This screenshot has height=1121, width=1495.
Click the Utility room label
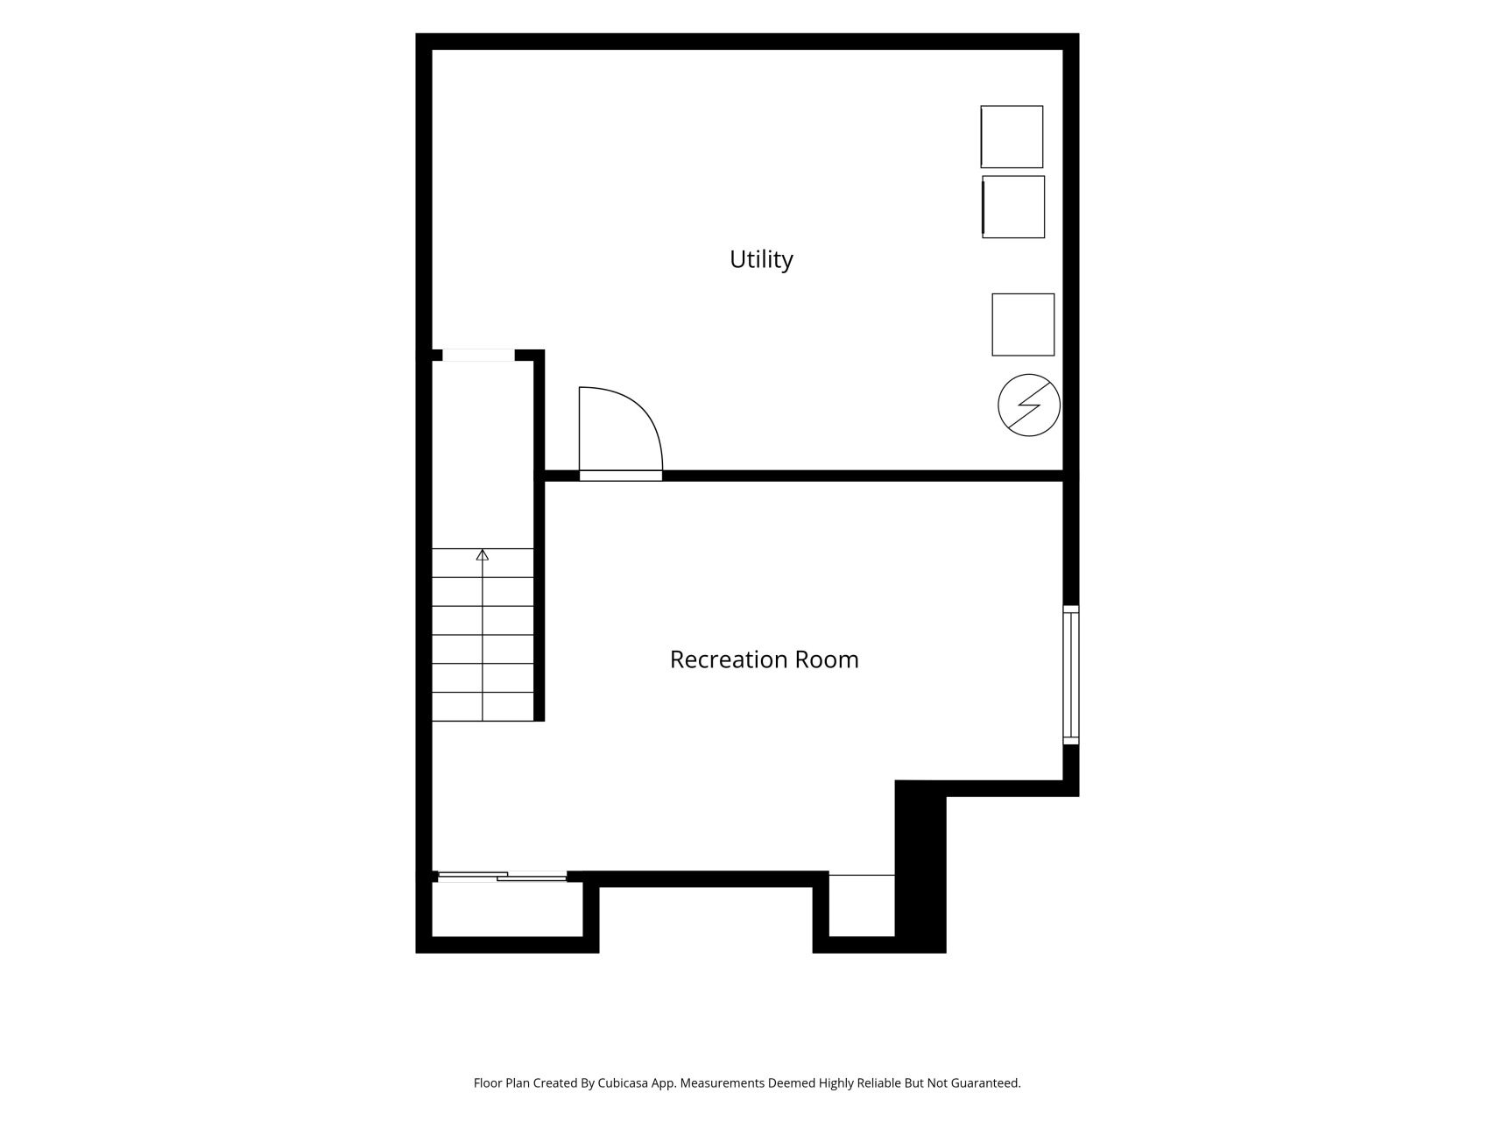[x=761, y=259]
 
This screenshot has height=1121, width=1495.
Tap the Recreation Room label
[x=764, y=659]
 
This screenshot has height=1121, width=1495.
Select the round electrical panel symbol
[x=1029, y=405]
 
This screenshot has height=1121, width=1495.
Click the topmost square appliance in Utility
[x=1012, y=137]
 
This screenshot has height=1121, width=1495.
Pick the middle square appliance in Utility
[x=1013, y=207]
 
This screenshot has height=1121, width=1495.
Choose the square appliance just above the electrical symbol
[x=1023, y=325]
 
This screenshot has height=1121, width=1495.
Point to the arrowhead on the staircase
[x=482, y=554]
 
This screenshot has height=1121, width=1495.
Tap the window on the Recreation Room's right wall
[x=1071, y=674]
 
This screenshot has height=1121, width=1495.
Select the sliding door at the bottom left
[x=502, y=876]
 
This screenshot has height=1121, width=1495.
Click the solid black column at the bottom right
[x=920, y=866]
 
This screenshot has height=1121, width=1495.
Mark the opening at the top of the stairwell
[x=478, y=355]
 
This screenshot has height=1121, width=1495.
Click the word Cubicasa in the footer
[x=623, y=1083]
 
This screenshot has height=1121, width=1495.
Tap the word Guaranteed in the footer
[x=986, y=1083]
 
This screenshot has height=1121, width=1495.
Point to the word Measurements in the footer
[x=722, y=1083]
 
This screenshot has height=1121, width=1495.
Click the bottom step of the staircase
[x=483, y=707]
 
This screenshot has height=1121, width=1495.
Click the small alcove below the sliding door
[x=508, y=909]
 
